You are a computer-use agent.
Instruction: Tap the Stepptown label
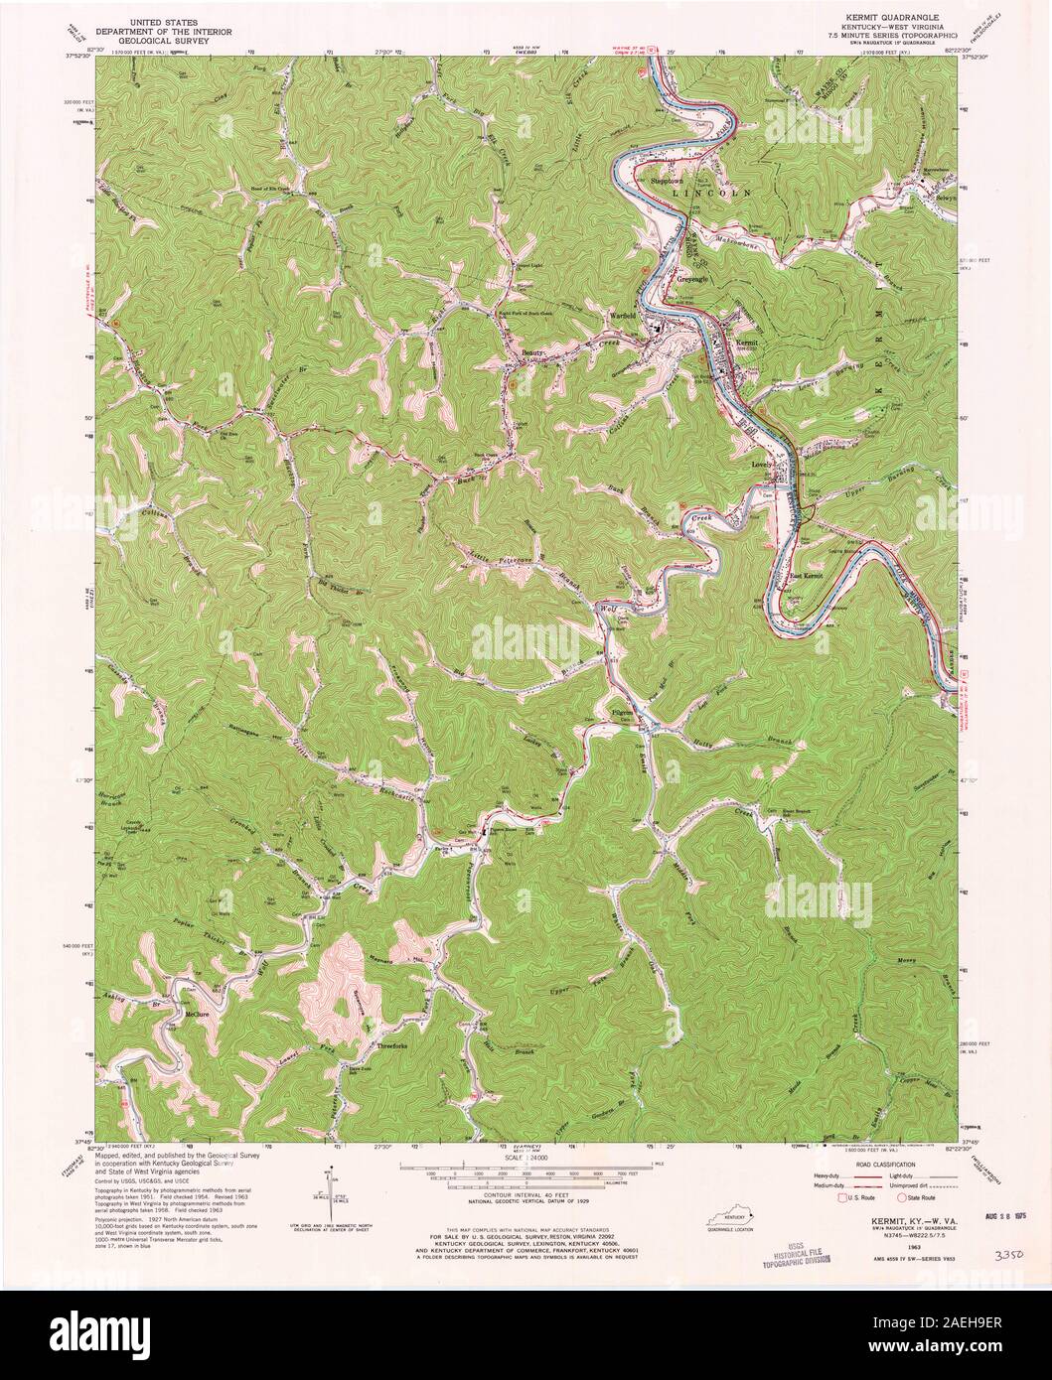662,182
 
